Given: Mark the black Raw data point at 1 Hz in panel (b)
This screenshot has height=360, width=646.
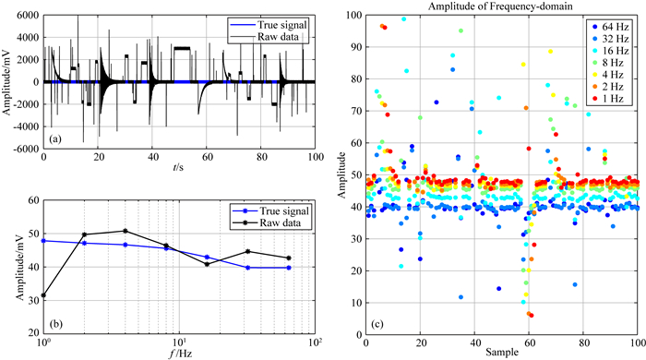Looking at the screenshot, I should [43, 295].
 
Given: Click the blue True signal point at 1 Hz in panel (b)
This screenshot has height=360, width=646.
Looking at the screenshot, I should [43, 241].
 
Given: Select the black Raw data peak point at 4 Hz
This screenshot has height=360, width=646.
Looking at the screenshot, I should [126, 231].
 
